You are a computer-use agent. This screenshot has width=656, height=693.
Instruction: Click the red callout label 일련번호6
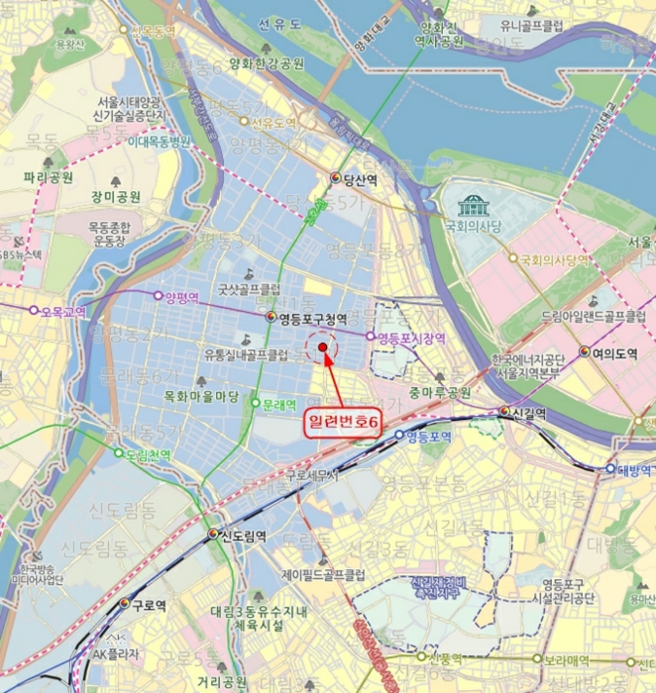345,422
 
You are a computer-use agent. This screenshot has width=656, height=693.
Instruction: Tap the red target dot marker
323,347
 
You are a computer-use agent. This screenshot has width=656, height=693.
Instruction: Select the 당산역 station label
360,179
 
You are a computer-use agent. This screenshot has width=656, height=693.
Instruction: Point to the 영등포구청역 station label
312,318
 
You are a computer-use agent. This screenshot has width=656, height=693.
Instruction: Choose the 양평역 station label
182,295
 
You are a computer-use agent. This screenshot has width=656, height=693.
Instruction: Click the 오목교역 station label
62,311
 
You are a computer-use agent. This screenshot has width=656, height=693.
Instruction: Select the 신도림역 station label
243,536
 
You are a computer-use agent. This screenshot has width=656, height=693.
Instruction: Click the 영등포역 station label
429,436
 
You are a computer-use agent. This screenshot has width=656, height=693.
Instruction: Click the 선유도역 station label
273,124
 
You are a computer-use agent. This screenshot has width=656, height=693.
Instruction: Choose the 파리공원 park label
48,178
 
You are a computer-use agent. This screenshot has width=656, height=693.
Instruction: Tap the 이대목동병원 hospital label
159,141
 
